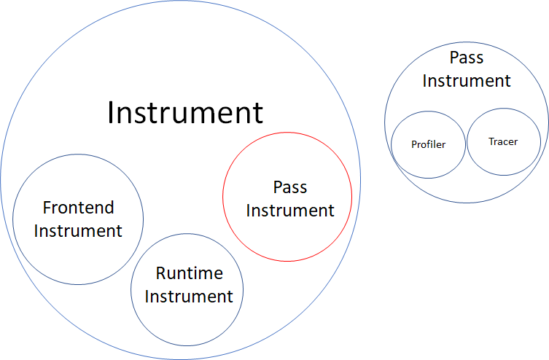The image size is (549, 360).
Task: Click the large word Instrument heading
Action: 184,113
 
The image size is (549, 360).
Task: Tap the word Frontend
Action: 78,208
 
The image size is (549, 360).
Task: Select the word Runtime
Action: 189,273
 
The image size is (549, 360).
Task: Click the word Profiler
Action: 428,144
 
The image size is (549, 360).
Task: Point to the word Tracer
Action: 503,141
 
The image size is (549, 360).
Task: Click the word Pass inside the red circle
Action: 289,187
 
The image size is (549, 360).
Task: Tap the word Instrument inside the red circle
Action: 289,211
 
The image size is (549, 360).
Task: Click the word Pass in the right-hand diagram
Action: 467,58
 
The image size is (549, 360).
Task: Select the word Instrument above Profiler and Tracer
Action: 467,80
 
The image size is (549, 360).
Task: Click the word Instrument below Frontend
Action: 78,231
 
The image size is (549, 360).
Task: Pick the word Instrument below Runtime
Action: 189,297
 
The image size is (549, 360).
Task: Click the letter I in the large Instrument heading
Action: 111,113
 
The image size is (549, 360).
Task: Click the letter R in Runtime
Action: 160,273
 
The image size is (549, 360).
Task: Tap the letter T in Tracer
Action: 491,141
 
